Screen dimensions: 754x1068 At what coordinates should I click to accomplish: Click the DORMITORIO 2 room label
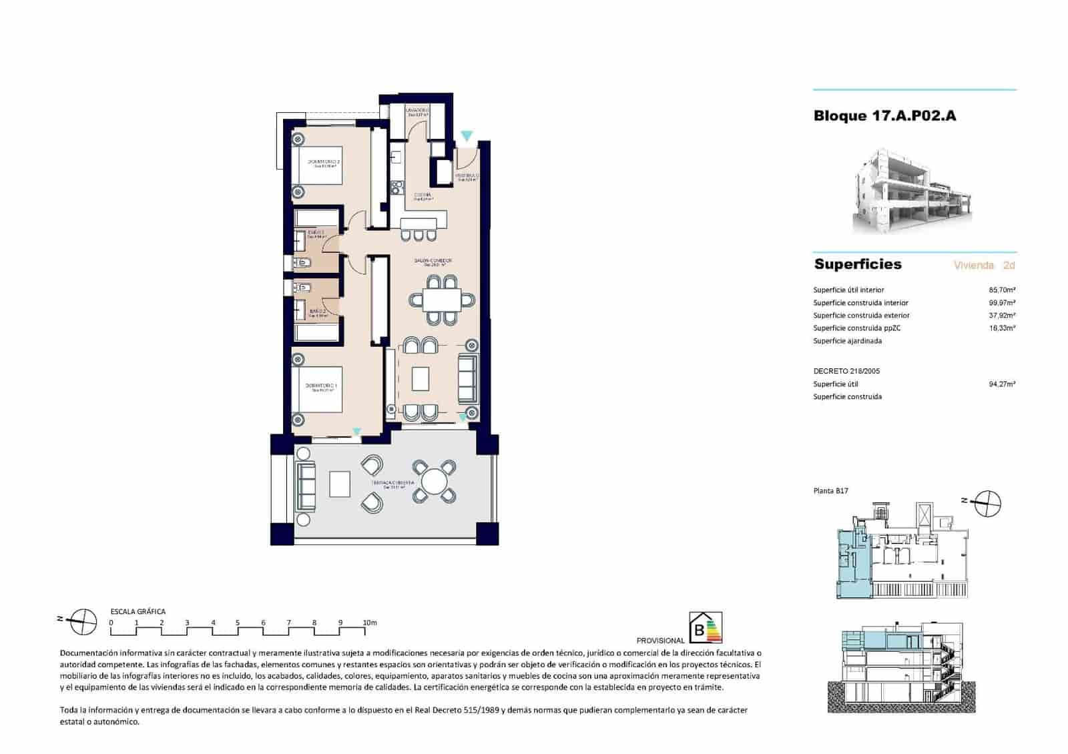[x=324, y=162]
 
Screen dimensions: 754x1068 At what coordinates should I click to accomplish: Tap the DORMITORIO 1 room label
[x=322, y=386]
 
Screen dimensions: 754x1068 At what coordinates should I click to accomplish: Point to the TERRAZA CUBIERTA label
[x=393, y=482]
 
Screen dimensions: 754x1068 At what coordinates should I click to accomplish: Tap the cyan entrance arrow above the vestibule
[x=467, y=136]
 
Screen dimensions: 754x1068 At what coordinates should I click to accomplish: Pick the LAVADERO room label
[x=418, y=110]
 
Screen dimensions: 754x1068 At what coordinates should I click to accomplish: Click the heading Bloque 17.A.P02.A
[x=884, y=115]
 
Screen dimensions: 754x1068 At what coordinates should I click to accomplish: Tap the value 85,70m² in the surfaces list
[x=1001, y=290]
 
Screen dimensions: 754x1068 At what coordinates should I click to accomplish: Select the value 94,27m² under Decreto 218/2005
[x=1001, y=384]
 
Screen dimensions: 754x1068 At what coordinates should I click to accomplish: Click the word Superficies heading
[x=857, y=264]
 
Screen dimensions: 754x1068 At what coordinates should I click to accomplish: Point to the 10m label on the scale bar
[x=369, y=623]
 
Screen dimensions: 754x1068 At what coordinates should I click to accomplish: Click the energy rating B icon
[x=705, y=628]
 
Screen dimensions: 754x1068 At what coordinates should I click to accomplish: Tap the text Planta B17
[x=830, y=491]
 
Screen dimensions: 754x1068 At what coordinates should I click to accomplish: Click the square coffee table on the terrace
[x=340, y=484]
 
